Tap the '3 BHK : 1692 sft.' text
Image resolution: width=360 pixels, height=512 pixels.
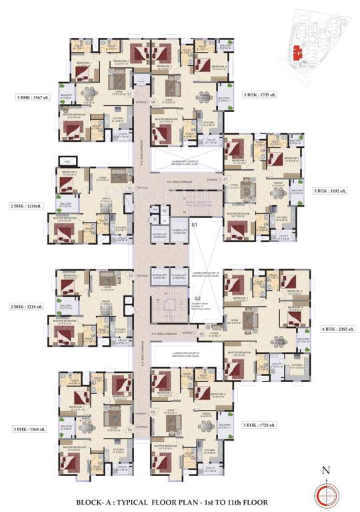(x=331, y=191)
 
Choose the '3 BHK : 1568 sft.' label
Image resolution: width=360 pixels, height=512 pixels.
(x=29, y=429)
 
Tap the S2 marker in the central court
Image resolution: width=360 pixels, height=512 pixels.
(x=197, y=298)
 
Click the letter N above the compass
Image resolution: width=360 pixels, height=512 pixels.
(x=325, y=470)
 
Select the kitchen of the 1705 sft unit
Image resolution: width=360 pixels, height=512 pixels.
(x=208, y=123)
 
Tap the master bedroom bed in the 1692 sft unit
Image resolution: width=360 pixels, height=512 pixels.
(x=237, y=229)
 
